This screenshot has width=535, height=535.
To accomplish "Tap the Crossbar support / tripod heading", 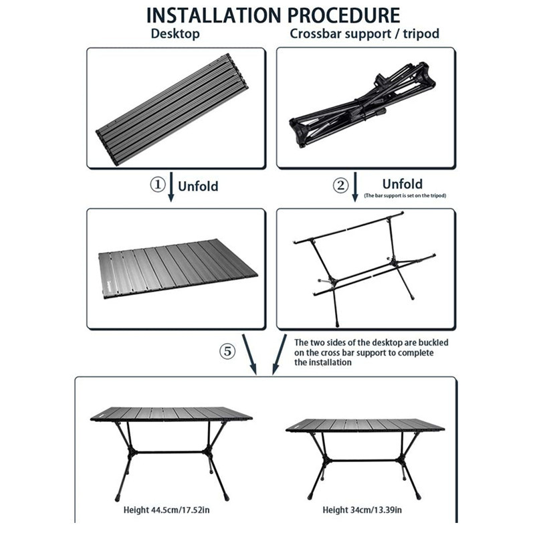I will [x=364, y=34].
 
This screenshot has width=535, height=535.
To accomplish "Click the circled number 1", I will [x=156, y=185].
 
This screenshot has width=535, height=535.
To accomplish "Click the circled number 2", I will [x=341, y=185].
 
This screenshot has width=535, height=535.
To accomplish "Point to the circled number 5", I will [x=228, y=351].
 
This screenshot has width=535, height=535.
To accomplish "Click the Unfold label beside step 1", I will [x=198, y=186].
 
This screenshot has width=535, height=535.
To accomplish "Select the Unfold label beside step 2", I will [x=402, y=183].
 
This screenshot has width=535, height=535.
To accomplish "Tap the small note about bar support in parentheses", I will [x=405, y=196].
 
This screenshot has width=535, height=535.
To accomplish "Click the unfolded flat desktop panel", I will [x=177, y=269].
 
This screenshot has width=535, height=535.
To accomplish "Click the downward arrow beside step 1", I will [x=171, y=187].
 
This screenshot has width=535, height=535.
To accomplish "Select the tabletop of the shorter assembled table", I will [x=364, y=425].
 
